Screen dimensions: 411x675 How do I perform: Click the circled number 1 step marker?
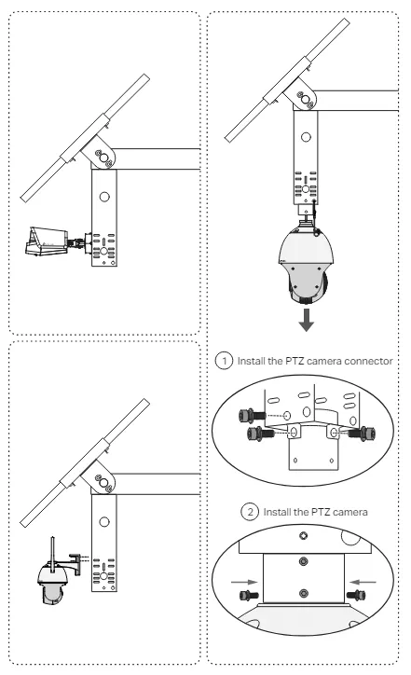tap(224, 360)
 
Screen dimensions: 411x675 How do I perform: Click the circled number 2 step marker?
tap(249, 512)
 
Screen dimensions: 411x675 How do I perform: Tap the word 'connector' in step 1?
tap(368, 361)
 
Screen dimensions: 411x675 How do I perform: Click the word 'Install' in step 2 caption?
tap(277, 512)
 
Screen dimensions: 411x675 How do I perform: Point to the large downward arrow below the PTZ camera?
tap(306, 320)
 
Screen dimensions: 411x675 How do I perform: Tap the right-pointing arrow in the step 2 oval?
tap(244, 582)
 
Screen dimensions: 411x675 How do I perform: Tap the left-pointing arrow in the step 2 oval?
tap(363, 582)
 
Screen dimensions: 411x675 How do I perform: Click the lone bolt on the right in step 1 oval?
tap(364, 433)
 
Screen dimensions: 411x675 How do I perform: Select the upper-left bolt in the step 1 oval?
tap(251, 416)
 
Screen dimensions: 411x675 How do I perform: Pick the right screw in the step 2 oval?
tap(356, 596)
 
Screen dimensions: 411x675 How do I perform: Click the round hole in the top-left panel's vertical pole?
tap(104, 197)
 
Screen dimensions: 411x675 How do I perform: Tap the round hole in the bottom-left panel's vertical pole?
tap(104, 522)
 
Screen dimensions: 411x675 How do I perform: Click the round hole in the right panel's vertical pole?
tap(306, 137)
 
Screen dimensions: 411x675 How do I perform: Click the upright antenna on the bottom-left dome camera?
tap(53, 554)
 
